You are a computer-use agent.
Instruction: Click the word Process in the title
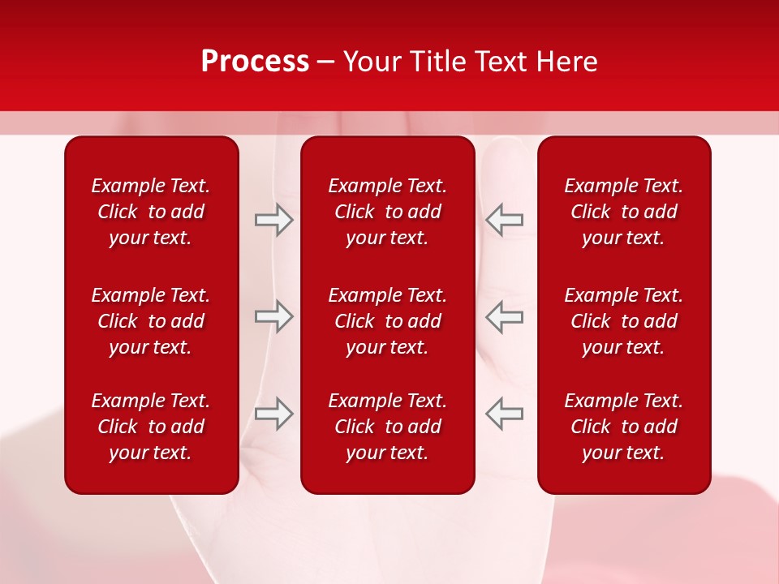(x=255, y=62)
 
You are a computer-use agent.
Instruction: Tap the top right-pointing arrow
(x=273, y=220)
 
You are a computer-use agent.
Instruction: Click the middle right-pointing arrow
(x=273, y=316)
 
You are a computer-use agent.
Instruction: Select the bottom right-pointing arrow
(x=273, y=413)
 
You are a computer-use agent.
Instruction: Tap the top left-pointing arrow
(x=505, y=220)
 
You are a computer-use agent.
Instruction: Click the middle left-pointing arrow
(x=505, y=316)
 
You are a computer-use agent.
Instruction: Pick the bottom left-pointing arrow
(x=505, y=413)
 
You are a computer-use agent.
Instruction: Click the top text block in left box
(x=151, y=212)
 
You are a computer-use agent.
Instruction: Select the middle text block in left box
(x=151, y=321)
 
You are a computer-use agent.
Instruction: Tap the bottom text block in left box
(x=151, y=427)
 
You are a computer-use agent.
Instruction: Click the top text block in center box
(x=388, y=212)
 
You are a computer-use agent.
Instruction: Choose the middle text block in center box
(x=388, y=321)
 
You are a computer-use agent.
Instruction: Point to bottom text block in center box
(x=388, y=427)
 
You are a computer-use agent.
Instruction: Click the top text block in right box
(x=624, y=212)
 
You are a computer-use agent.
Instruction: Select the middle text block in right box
(x=624, y=321)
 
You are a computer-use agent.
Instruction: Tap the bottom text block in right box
(x=624, y=427)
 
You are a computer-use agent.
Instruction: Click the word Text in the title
(x=503, y=62)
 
